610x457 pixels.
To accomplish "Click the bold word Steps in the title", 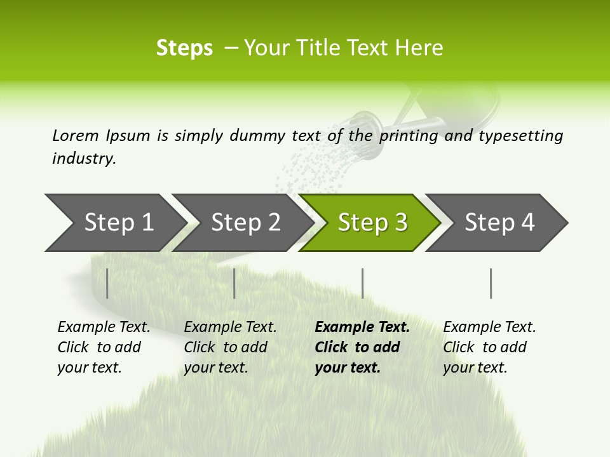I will [x=184, y=48].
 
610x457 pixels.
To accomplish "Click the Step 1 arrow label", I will [x=119, y=222].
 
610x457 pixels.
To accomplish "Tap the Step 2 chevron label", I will [x=245, y=222].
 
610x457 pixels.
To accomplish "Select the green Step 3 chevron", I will [x=372, y=222].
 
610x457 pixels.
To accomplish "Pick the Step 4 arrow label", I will [x=499, y=222].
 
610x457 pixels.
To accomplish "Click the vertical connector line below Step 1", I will [x=107, y=283].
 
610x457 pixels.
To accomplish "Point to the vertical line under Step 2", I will [x=234, y=283].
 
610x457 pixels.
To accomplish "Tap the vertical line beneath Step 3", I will [x=362, y=283].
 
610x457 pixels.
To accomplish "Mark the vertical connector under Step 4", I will [x=491, y=283].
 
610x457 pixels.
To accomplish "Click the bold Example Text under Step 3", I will [x=362, y=328].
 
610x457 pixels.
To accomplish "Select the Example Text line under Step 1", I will [x=104, y=328].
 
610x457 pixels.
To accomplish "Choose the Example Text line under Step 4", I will [x=489, y=328].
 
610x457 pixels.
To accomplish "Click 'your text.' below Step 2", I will [x=215, y=368].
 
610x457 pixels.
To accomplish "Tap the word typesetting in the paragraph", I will [x=520, y=136].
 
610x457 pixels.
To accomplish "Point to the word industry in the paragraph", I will [x=84, y=159].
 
